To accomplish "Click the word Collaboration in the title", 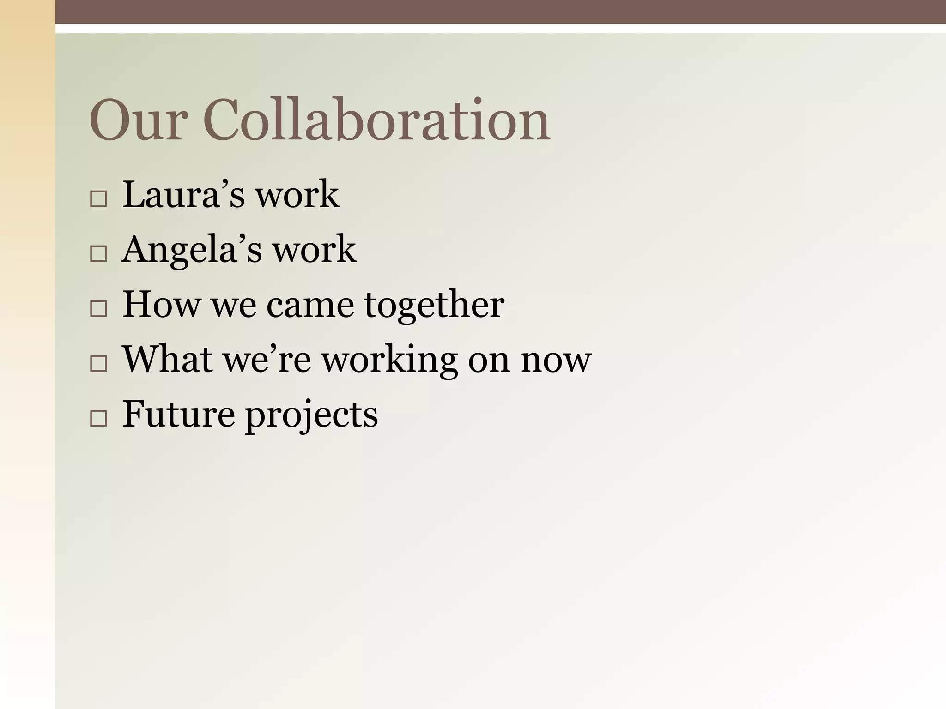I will [x=376, y=121].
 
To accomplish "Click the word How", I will [x=162, y=305].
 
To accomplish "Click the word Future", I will [x=178, y=415].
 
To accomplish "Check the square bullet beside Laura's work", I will [x=98, y=199].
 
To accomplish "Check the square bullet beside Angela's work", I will [x=98, y=254].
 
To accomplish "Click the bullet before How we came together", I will [x=98, y=309].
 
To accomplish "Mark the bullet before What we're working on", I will [x=98, y=364].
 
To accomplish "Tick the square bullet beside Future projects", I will [x=98, y=419].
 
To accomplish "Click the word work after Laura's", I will [x=297, y=195].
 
